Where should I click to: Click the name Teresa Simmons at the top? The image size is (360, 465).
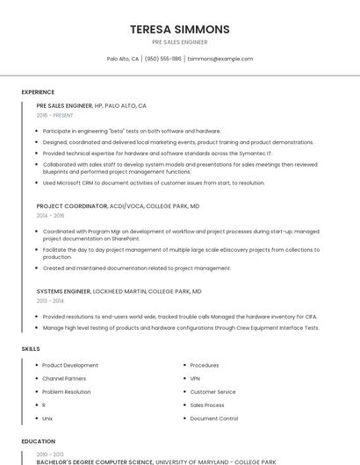(x=179, y=29)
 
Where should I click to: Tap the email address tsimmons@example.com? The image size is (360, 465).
(x=220, y=59)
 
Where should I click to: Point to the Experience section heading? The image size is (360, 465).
(x=38, y=92)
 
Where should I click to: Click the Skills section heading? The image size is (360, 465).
(x=31, y=349)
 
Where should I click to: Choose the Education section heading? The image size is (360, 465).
(x=38, y=441)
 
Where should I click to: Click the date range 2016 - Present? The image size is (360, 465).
(x=55, y=115)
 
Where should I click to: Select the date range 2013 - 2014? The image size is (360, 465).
(x=50, y=300)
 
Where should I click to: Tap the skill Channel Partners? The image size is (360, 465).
(x=64, y=378)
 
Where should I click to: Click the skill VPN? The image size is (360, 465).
(x=195, y=378)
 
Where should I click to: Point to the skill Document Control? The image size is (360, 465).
(x=213, y=418)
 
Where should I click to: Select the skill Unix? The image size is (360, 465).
(x=47, y=418)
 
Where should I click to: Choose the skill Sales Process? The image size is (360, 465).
(x=207, y=405)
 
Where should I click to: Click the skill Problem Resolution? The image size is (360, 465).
(x=66, y=391)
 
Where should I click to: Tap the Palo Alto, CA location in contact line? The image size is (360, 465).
(x=123, y=59)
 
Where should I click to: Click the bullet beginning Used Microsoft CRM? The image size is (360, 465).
(x=153, y=183)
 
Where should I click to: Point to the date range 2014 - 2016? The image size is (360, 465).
(x=50, y=215)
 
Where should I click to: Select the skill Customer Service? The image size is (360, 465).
(x=212, y=391)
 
